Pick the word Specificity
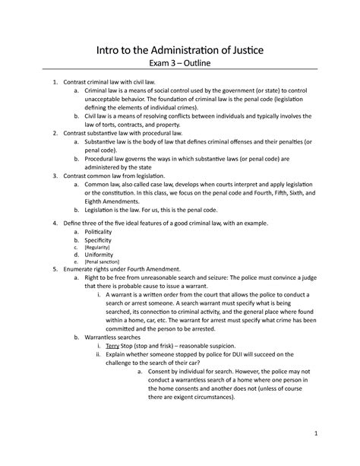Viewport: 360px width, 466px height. [x=103, y=239]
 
